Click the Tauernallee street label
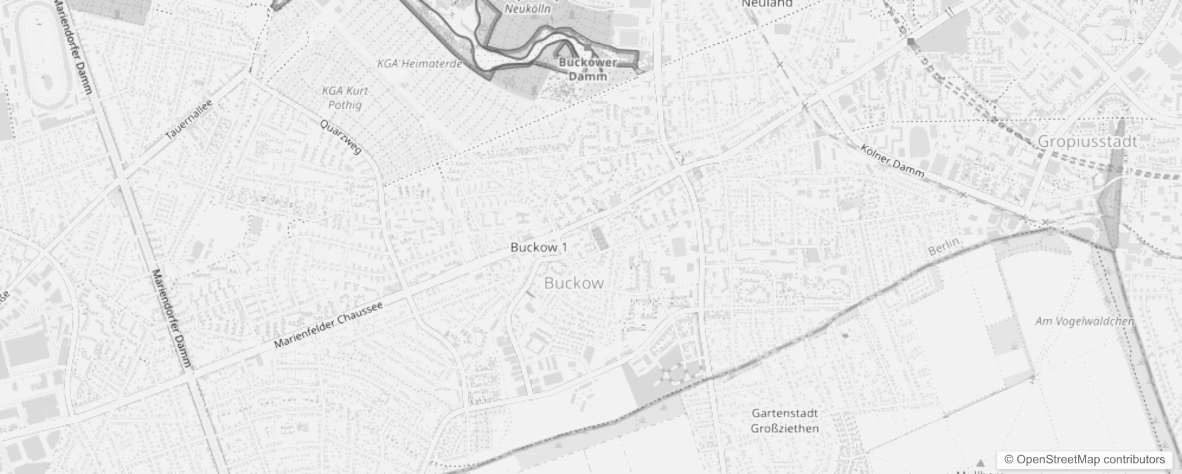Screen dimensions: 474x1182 (188, 120)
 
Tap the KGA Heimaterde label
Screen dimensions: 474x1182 (419, 63)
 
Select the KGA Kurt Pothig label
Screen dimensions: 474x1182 (345, 98)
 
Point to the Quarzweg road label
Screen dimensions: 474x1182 (341, 137)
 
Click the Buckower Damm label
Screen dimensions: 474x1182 (588, 69)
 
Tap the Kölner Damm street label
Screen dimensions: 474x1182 (892, 161)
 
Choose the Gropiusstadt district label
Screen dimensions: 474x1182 (1088, 142)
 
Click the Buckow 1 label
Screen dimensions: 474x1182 (539, 247)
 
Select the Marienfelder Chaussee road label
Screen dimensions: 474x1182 (329, 325)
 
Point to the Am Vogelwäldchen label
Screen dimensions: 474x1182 (1084, 321)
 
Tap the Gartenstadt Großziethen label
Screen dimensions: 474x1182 (785, 421)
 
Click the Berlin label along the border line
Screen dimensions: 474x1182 (943, 246)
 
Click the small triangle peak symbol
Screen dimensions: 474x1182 (981, 463)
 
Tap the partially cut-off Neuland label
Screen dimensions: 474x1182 (767, 4)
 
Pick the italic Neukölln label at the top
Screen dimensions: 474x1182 (527, 8)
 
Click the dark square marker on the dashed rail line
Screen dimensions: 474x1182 (911, 41)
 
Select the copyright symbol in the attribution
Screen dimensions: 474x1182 (1009, 460)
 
